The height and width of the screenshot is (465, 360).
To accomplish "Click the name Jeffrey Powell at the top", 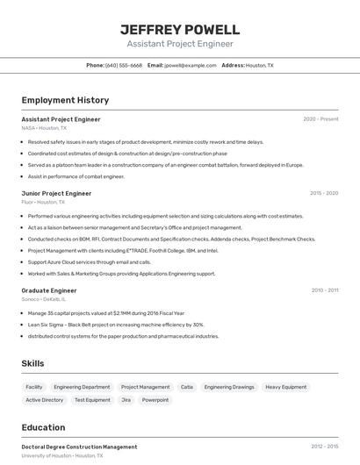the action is click(180, 30).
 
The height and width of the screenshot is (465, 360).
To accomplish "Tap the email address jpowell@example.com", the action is click(191, 65).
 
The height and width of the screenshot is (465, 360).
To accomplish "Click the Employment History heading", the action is click(65, 100).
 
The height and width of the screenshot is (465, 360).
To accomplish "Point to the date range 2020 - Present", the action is click(320, 119).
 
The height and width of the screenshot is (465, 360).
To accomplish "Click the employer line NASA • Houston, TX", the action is click(44, 128).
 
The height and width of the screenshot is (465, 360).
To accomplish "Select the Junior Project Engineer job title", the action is click(56, 193).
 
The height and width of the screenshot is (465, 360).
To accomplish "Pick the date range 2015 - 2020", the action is click(324, 193).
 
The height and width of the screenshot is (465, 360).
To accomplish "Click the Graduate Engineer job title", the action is click(49, 290).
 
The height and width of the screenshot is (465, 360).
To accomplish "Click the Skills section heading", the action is click(33, 363).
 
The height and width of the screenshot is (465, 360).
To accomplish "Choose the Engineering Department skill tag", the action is click(82, 387).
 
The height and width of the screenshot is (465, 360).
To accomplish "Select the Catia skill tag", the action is click(187, 387).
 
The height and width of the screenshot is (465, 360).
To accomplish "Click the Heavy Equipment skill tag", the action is click(286, 387).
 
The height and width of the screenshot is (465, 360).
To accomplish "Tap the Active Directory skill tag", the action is click(45, 400).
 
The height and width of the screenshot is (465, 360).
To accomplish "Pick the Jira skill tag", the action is click(126, 400).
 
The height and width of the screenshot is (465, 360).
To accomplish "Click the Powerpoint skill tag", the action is click(155, 400).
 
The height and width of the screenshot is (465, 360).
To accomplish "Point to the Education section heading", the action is click(43, 427).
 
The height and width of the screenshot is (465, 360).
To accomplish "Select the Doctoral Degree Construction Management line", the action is click(79, 447).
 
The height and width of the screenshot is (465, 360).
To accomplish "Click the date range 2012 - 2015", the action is click(324, 447).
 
